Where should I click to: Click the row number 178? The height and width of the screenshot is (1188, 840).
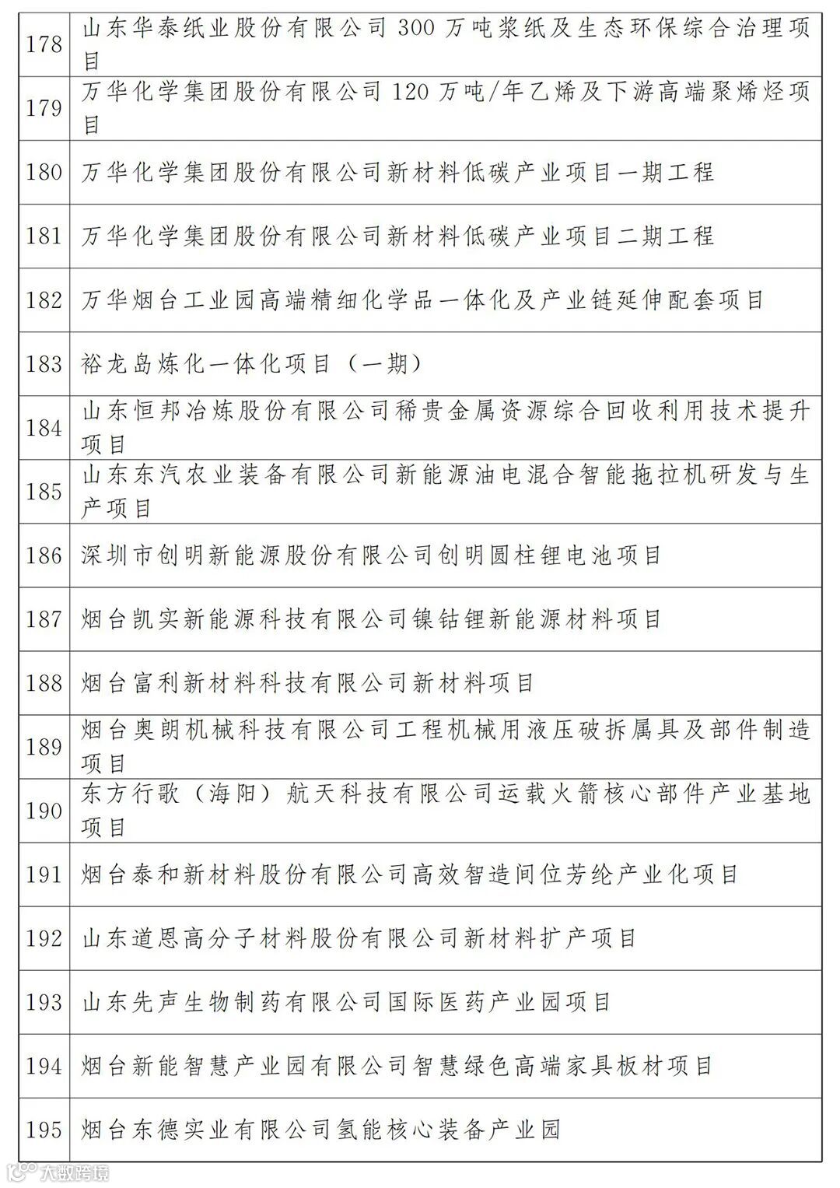click(44, 44)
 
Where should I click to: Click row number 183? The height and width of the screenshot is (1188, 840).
click(44, 364)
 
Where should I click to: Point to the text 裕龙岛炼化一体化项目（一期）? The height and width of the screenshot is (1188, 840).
click(252, 364)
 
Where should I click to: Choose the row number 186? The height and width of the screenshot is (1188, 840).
click(44, 555)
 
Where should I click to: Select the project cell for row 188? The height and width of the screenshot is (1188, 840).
click(308, 683)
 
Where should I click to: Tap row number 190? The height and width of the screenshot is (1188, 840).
click(44, 811)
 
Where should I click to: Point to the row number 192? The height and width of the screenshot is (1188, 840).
click(44, 938)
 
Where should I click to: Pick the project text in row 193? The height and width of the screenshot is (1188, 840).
click(347, 1002)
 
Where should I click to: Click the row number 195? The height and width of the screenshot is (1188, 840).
click(44, 1130)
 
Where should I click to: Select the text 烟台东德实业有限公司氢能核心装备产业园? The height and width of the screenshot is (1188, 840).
click(321, 1130)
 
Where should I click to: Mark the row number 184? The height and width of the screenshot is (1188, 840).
click(44, 428)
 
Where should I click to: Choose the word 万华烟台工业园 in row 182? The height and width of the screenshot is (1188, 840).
click(168, 300)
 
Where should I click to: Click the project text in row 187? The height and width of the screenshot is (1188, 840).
click(371, 619)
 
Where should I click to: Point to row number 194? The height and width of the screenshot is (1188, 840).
click(44, 1066)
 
